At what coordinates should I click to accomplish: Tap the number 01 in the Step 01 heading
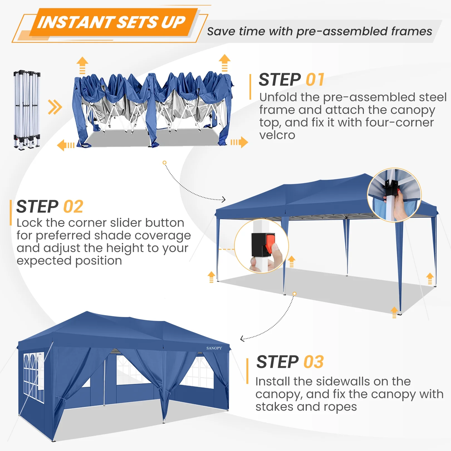click(315, 80)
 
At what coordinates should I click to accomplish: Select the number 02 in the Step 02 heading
click(73, 207)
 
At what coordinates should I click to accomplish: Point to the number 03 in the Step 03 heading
click(313, 362)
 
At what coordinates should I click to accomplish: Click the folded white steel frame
click(27, 110)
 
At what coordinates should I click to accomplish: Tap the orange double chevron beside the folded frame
click(55, 107)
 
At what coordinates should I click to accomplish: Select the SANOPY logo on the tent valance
click(214, 348)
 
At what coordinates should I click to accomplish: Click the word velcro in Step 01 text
click(277, 135)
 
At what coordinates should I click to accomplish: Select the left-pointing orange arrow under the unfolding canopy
click(66, 145)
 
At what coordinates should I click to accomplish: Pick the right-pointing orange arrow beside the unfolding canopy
click(239, 142)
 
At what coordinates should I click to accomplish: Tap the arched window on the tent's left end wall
click(34, 378)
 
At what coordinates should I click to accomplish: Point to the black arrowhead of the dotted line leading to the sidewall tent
click(242, 339)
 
